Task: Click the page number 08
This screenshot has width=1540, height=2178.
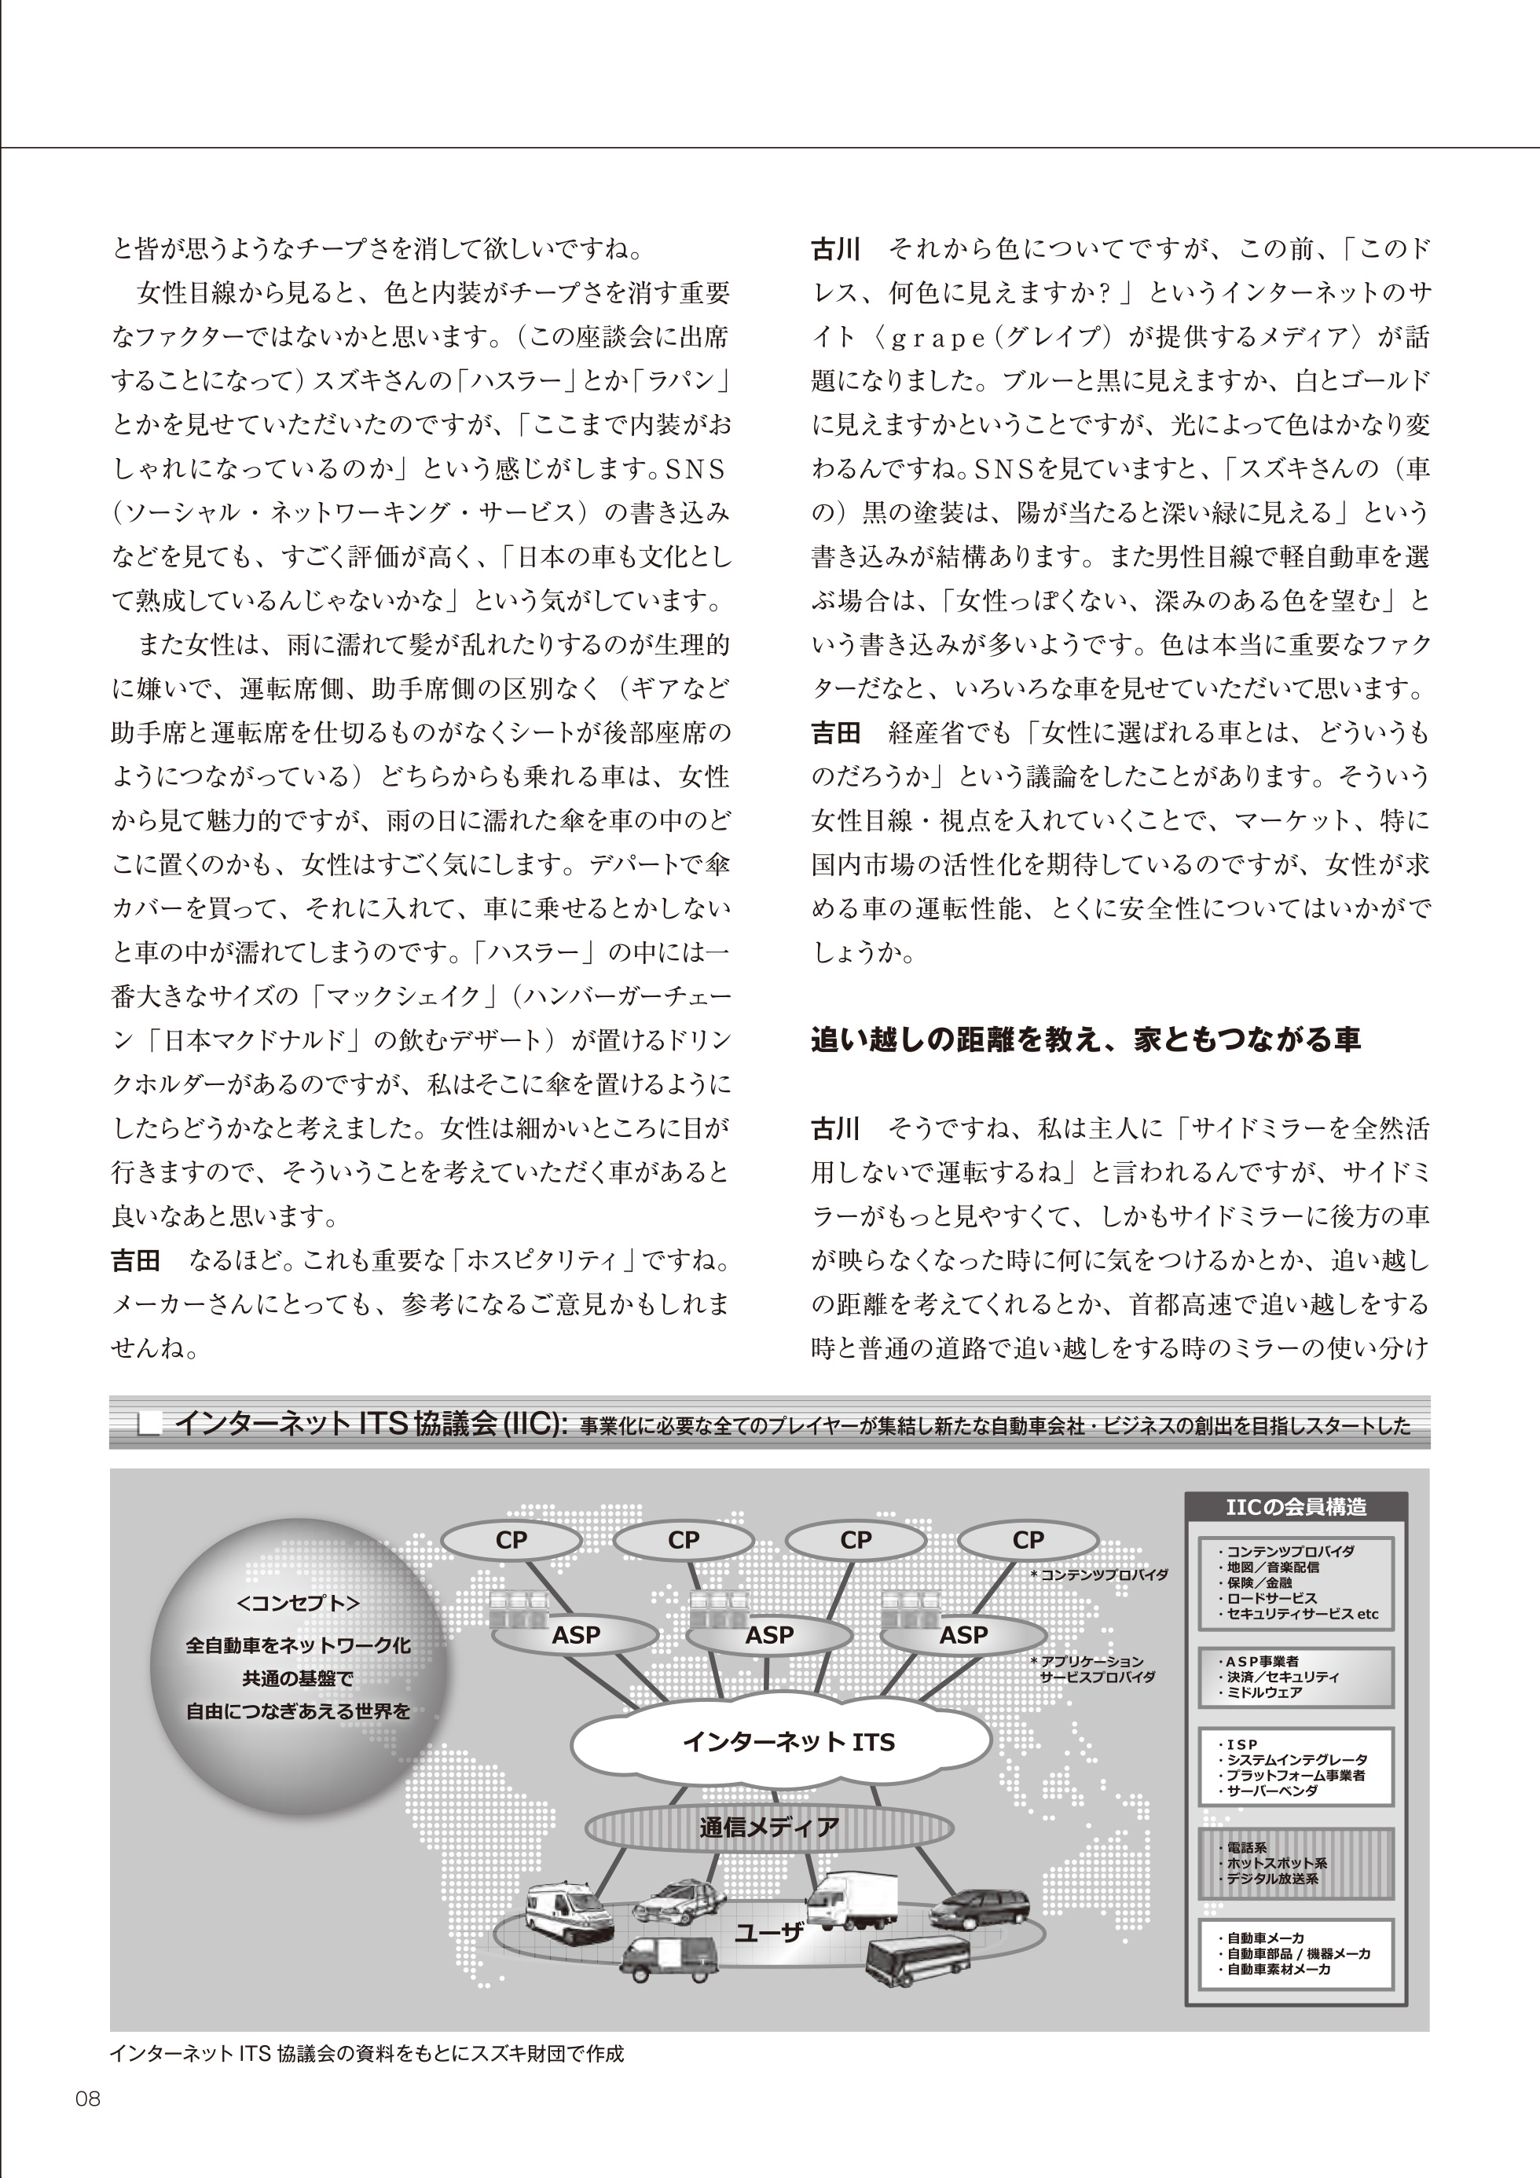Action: coord(87,2099)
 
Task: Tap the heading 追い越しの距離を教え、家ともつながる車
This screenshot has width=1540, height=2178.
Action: coord(1086,1039)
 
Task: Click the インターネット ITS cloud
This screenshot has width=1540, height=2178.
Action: coord(787,1742)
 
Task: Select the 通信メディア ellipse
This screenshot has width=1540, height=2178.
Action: coord(769,1826)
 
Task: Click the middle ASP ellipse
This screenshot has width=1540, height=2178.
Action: coord(768,1634)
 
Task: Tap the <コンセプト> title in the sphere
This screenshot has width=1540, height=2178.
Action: coord(298,1602)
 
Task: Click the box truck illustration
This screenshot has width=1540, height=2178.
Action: coord(851,1900)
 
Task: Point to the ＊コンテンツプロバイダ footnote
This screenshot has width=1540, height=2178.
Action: coord(1098,1575)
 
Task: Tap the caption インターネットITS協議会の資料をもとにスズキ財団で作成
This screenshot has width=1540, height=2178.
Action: coord(366,2054)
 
